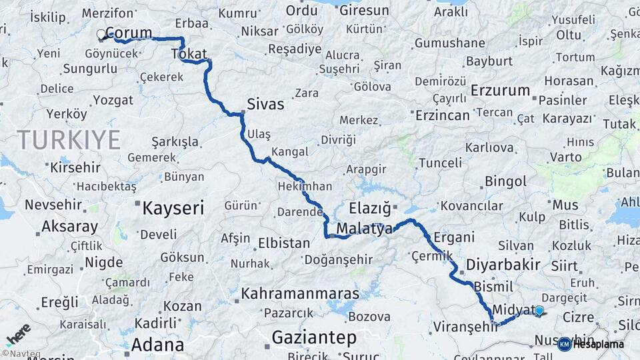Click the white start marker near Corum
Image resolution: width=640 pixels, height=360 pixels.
tap(101, 34)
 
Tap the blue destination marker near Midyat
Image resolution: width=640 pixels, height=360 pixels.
tap(539, 310)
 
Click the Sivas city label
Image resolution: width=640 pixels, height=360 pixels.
tap(265, 104)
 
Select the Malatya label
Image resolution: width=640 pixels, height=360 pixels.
tap(365, 229)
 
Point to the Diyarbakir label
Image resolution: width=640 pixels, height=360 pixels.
tap(503, 265)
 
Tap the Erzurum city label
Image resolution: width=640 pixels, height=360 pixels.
tap(500, 90)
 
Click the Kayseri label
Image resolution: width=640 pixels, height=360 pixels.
tap(173, 209)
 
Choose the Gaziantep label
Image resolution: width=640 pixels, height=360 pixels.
tap(314, 338)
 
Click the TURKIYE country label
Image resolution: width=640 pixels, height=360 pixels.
tap(69, 139)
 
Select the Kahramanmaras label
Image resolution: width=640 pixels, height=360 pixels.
tap(300, 293)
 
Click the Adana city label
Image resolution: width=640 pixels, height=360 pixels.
tap(157, 345)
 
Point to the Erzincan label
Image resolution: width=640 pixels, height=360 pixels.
tap(443, 115)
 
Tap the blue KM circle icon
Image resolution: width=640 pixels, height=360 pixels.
tap(564, 344)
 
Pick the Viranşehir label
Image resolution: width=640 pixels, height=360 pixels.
tap(466, 327)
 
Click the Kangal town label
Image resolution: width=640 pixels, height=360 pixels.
tap(290, 151)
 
